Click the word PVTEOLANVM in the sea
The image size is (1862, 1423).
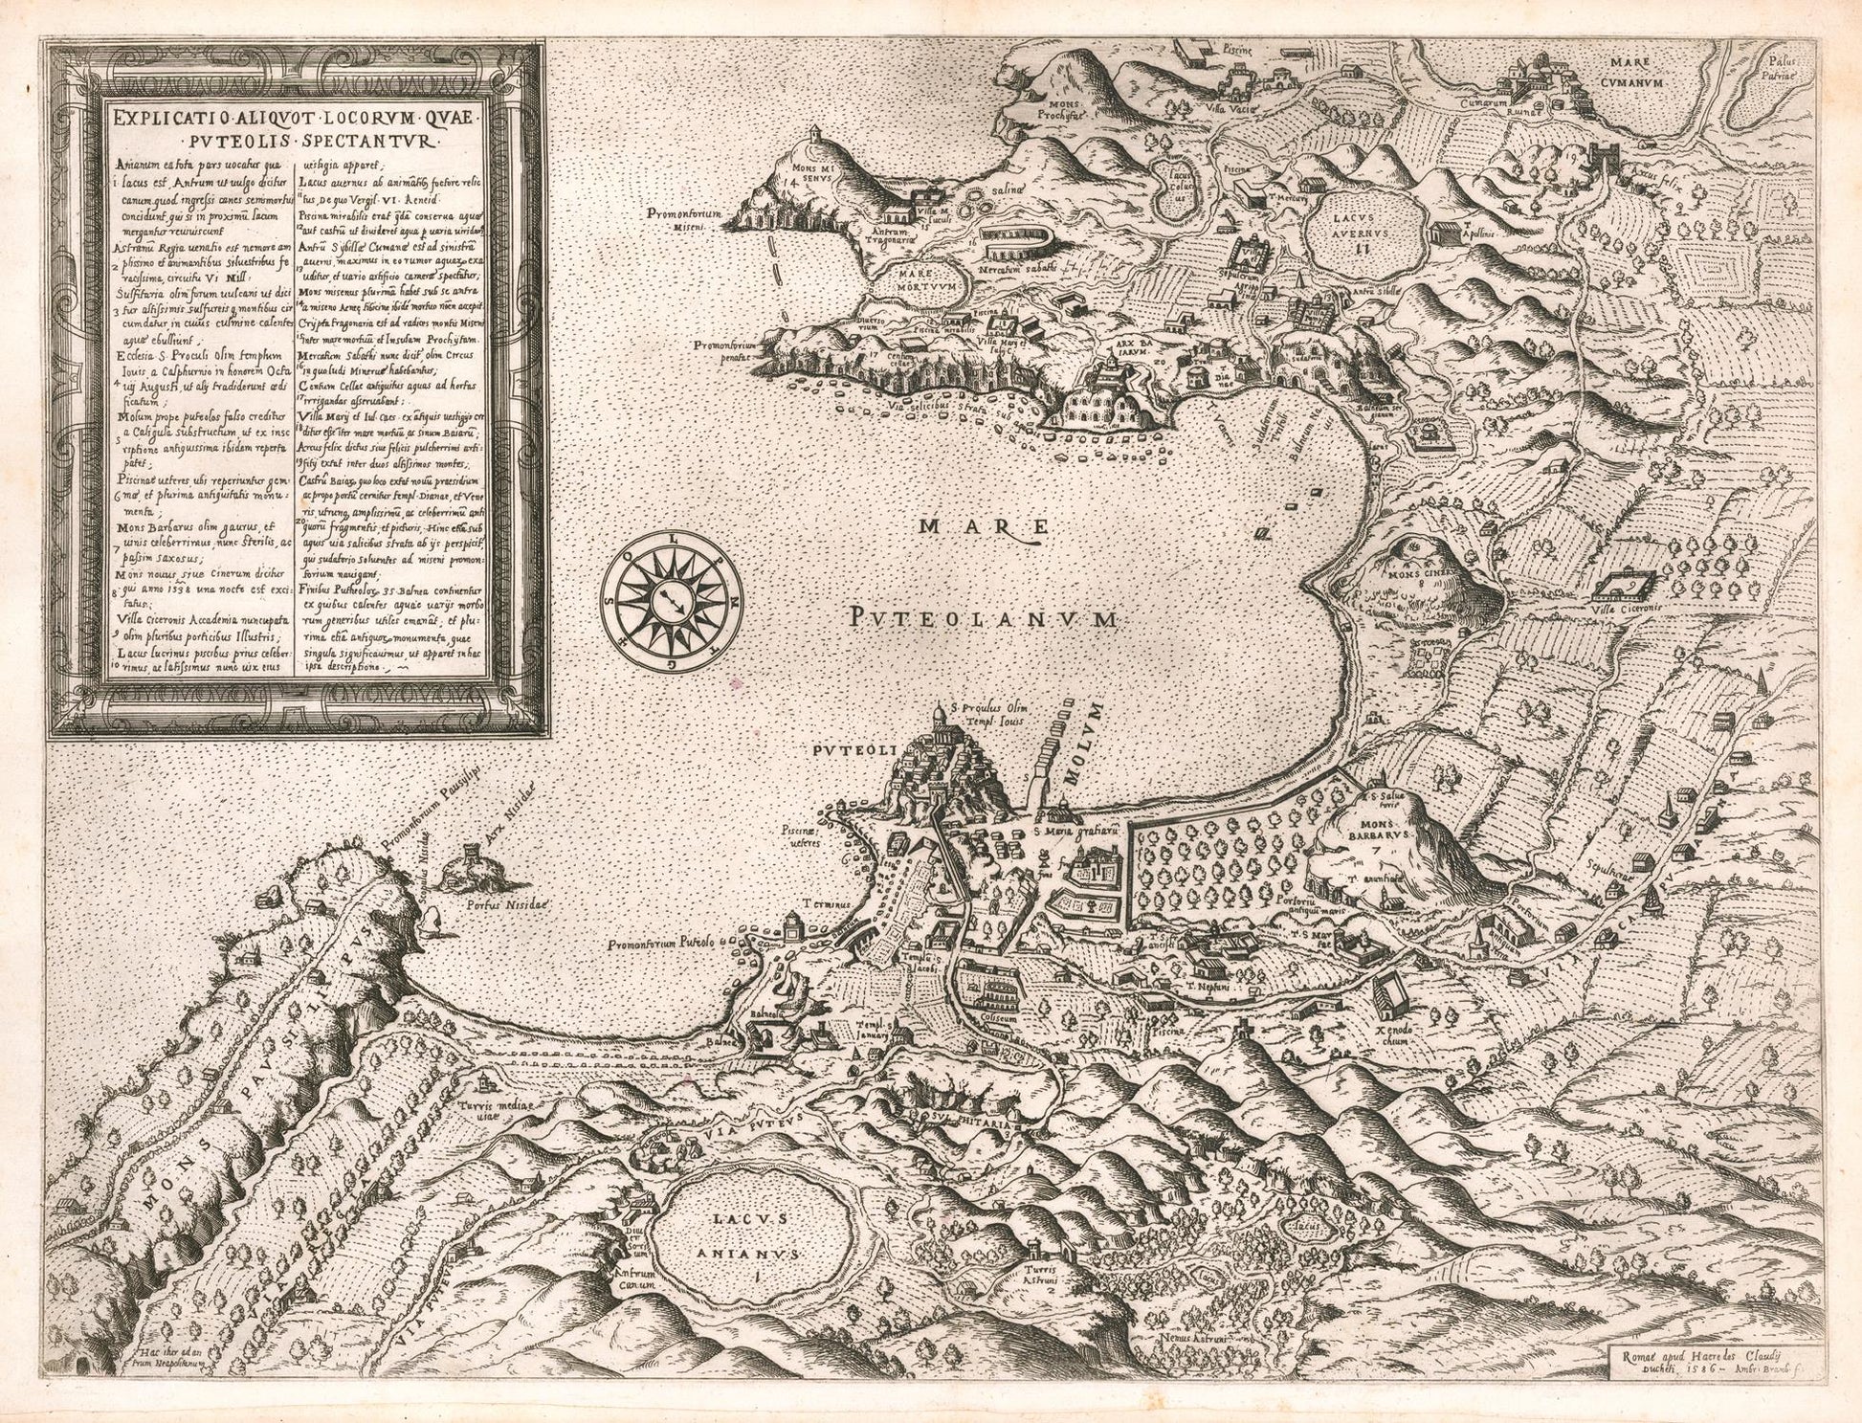(982, 620)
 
